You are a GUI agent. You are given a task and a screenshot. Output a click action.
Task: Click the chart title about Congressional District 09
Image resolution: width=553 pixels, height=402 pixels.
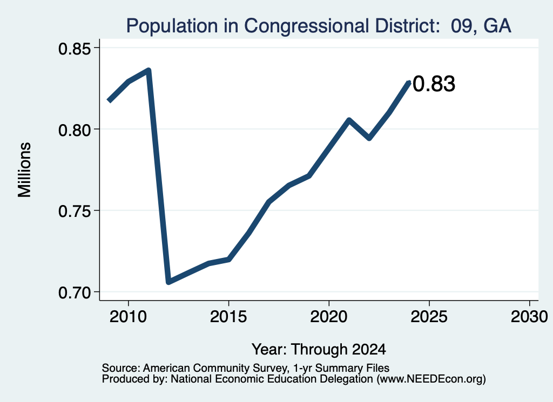(x=319, y=26)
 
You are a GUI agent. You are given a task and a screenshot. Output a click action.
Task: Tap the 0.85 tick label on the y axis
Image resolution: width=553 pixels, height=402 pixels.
(x=75, y=49)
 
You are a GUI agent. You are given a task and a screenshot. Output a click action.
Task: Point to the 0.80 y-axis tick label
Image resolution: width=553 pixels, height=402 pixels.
(x=75, y=130)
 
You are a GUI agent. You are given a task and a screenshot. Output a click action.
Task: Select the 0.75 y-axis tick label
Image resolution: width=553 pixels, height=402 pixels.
(x=75, y=212)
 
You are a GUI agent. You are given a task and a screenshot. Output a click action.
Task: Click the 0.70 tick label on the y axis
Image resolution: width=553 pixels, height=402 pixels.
(x=75, y=293)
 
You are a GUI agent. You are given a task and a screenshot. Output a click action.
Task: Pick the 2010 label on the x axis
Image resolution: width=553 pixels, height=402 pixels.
(x=128, y=316)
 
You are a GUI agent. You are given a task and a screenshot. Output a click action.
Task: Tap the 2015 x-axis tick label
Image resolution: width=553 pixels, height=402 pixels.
(x=228, y=316)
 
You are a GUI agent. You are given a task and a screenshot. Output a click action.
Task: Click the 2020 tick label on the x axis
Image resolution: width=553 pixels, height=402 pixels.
(x=329, y=316)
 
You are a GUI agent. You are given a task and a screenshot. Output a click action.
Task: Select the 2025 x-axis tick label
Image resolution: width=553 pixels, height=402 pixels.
(x=429, y=316)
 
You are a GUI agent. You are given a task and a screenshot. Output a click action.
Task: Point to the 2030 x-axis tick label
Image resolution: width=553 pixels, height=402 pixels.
(x=529, y=316)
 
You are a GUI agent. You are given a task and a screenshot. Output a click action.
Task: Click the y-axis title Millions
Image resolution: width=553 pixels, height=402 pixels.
(x=25, y=170)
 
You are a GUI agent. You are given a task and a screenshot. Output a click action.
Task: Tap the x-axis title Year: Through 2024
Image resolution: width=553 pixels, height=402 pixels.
(x=319, y=350)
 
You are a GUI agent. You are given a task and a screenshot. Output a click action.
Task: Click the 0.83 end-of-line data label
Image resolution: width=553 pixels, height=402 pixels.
(x=434, y=84)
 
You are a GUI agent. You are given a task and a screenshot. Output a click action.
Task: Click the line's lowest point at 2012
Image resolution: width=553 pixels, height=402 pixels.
(x=168, y=282)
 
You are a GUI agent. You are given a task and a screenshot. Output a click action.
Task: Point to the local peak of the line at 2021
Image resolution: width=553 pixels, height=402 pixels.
(x=349, y=120)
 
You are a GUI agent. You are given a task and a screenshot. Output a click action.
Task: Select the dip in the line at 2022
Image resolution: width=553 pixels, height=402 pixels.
(x=369, y=138)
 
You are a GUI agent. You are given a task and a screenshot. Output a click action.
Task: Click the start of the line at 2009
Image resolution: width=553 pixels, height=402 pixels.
(x=109, y=101)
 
